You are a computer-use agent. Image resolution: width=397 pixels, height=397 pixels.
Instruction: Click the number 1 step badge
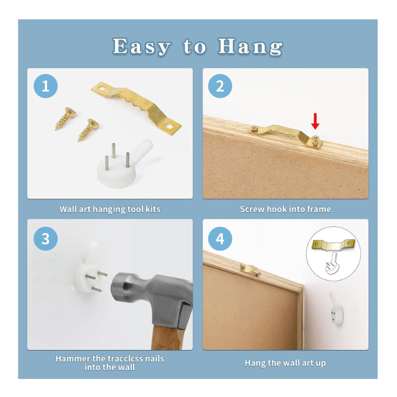click(x=46, y=86)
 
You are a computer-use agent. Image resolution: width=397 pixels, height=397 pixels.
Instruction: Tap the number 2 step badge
click(x=220, y=86)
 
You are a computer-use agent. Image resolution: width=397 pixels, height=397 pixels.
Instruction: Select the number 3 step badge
click(x=46, y=239)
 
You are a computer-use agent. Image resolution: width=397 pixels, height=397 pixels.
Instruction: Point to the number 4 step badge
click(x=220, y=239)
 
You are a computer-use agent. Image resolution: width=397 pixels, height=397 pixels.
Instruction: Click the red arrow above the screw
click(x=315, y=121)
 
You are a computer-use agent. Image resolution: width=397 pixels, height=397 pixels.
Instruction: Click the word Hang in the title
click(x=250, y=47)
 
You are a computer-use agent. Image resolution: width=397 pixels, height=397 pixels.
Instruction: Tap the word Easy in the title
click(x=141, y=47)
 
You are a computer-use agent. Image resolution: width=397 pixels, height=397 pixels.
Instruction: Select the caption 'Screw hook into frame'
click(x=285, y=209)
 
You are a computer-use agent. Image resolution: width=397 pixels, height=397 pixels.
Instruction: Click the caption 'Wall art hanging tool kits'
click(x=110, y=209)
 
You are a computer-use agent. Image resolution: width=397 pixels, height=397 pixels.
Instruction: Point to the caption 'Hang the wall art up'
click(x=285, y=363)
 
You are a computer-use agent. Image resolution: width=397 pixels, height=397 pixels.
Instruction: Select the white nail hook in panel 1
click(x=122, y=165)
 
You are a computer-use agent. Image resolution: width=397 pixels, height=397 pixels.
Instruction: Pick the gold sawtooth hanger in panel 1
click(x=136, y=108)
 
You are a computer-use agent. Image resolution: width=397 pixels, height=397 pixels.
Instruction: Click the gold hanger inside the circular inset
click(x=333, y=245)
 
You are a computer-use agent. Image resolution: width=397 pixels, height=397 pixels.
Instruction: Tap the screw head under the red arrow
click(x=316, y=138)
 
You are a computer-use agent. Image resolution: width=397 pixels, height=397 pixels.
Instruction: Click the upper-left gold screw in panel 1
click(x=66, y=118)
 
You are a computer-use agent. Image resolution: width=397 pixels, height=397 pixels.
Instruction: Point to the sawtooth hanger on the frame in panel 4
click(x=251, y=270)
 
